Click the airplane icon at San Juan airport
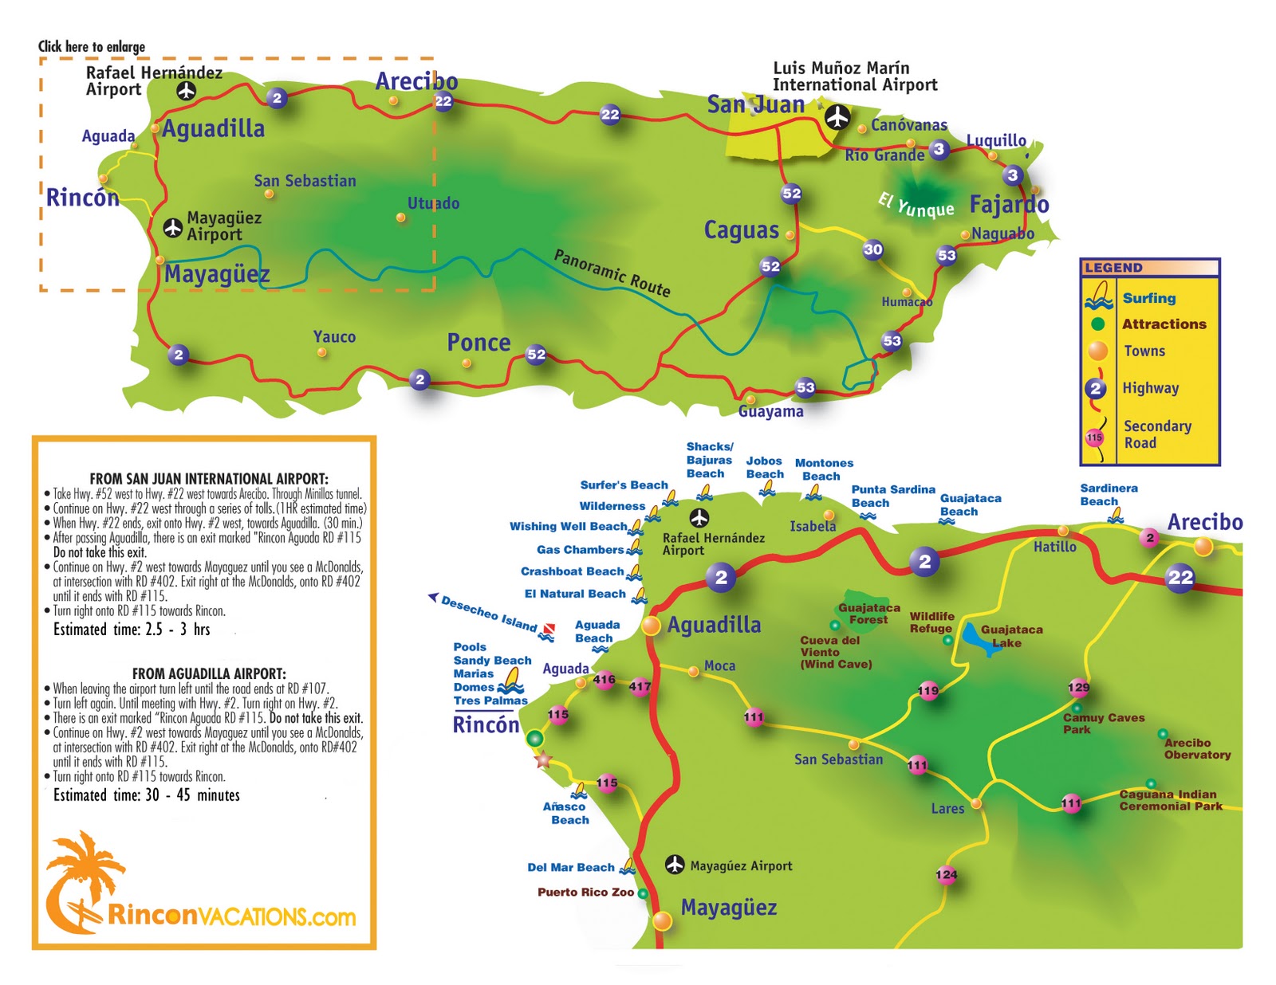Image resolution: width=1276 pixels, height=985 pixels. pyautogui.click(x=837, y=117)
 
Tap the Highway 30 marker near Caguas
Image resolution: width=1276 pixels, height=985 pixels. pyautogui.click(x=873, y=249)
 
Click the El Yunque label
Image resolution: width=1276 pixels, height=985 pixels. pyautogui.click(x=916, y=205)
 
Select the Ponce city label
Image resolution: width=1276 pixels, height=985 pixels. pyautogui.click(x=478, y=343)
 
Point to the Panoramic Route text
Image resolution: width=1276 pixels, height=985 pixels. pyautogui.click(x=612, y=273)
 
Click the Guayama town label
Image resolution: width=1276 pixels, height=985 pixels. pyautogui.click(x=770, y=411)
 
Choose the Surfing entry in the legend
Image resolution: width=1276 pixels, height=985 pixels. pyautogui.click(x=1148, y=298)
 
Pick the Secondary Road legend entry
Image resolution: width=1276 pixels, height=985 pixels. pyautogui.click(x=1156, y=434)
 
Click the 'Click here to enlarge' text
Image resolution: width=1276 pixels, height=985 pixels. pyautogui.click(x=92, y=46)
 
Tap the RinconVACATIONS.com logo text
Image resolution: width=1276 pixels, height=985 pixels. pyautogui.click(x=231, y=916)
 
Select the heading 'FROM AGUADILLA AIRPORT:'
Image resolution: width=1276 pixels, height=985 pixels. pyautogui.click(x=209, y=673)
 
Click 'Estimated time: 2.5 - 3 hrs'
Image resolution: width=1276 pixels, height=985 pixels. pyautogui.click(x=132, y=630)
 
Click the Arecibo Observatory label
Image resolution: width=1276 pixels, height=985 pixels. pyautogui.click(x=1196, y=748)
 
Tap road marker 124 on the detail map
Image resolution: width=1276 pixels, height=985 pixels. pyautogui.click(x=946, y=874)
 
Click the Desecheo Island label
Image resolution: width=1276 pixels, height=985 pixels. pyautogui.click(x=489, y=614)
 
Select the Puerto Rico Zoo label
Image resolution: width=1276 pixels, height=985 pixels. pyautogui.click(x=585, y=892)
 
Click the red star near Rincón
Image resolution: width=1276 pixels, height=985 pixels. pyautogui.click(x=543, y=760)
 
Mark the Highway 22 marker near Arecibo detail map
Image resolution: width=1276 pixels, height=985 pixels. pyautogui.click(x=1180, y=577)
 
